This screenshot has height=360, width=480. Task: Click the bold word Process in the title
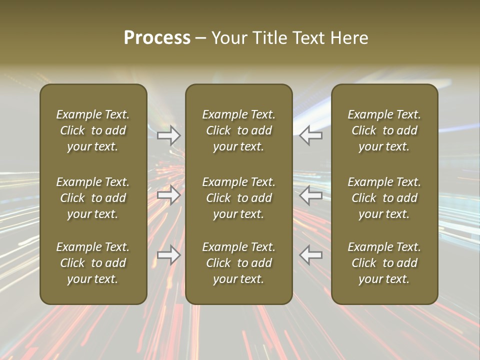pos(157,38)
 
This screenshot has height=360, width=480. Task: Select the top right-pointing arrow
pos(169,135)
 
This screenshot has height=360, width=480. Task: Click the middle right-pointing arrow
pos(169,195)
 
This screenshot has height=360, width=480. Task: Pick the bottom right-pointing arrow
pos(169,255)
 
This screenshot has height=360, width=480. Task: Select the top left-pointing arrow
pos(311,135)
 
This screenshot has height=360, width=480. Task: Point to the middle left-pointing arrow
pos(311,195)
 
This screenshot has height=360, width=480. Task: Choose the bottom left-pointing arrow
pos(311,255)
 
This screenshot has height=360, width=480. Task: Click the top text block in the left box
pos(93,130)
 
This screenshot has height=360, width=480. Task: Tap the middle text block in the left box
pos(93,198)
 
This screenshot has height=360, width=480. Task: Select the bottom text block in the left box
pos(93,263)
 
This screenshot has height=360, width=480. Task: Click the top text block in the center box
pos(239,130)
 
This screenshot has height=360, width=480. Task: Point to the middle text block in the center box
pos(239,198)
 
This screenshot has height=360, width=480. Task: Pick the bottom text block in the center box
pos(239,263)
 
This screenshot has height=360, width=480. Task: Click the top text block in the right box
pos(384,130)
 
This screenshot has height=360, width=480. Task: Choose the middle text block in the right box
pos(384,198)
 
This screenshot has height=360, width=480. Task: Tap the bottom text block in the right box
pos(384,263)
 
